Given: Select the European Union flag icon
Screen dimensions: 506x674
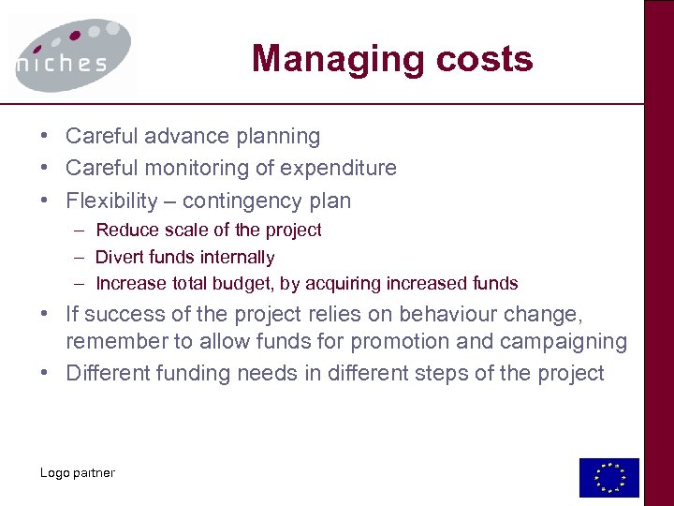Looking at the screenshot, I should [x=608, y=477].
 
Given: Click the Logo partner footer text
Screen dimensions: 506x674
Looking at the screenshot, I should [x=77, y=472].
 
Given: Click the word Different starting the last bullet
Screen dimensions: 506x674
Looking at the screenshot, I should [x=110, y=373].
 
